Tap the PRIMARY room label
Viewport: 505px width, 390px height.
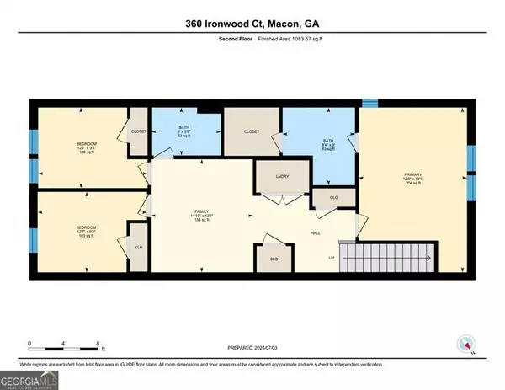tap(412, 176)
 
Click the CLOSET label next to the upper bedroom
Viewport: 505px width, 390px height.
tap(138, 131)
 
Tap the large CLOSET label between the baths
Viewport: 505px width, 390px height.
tap(251, 132)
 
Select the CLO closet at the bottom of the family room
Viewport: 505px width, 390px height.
tap(274, 259)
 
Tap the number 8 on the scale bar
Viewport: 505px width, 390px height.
tap(98, 345)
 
